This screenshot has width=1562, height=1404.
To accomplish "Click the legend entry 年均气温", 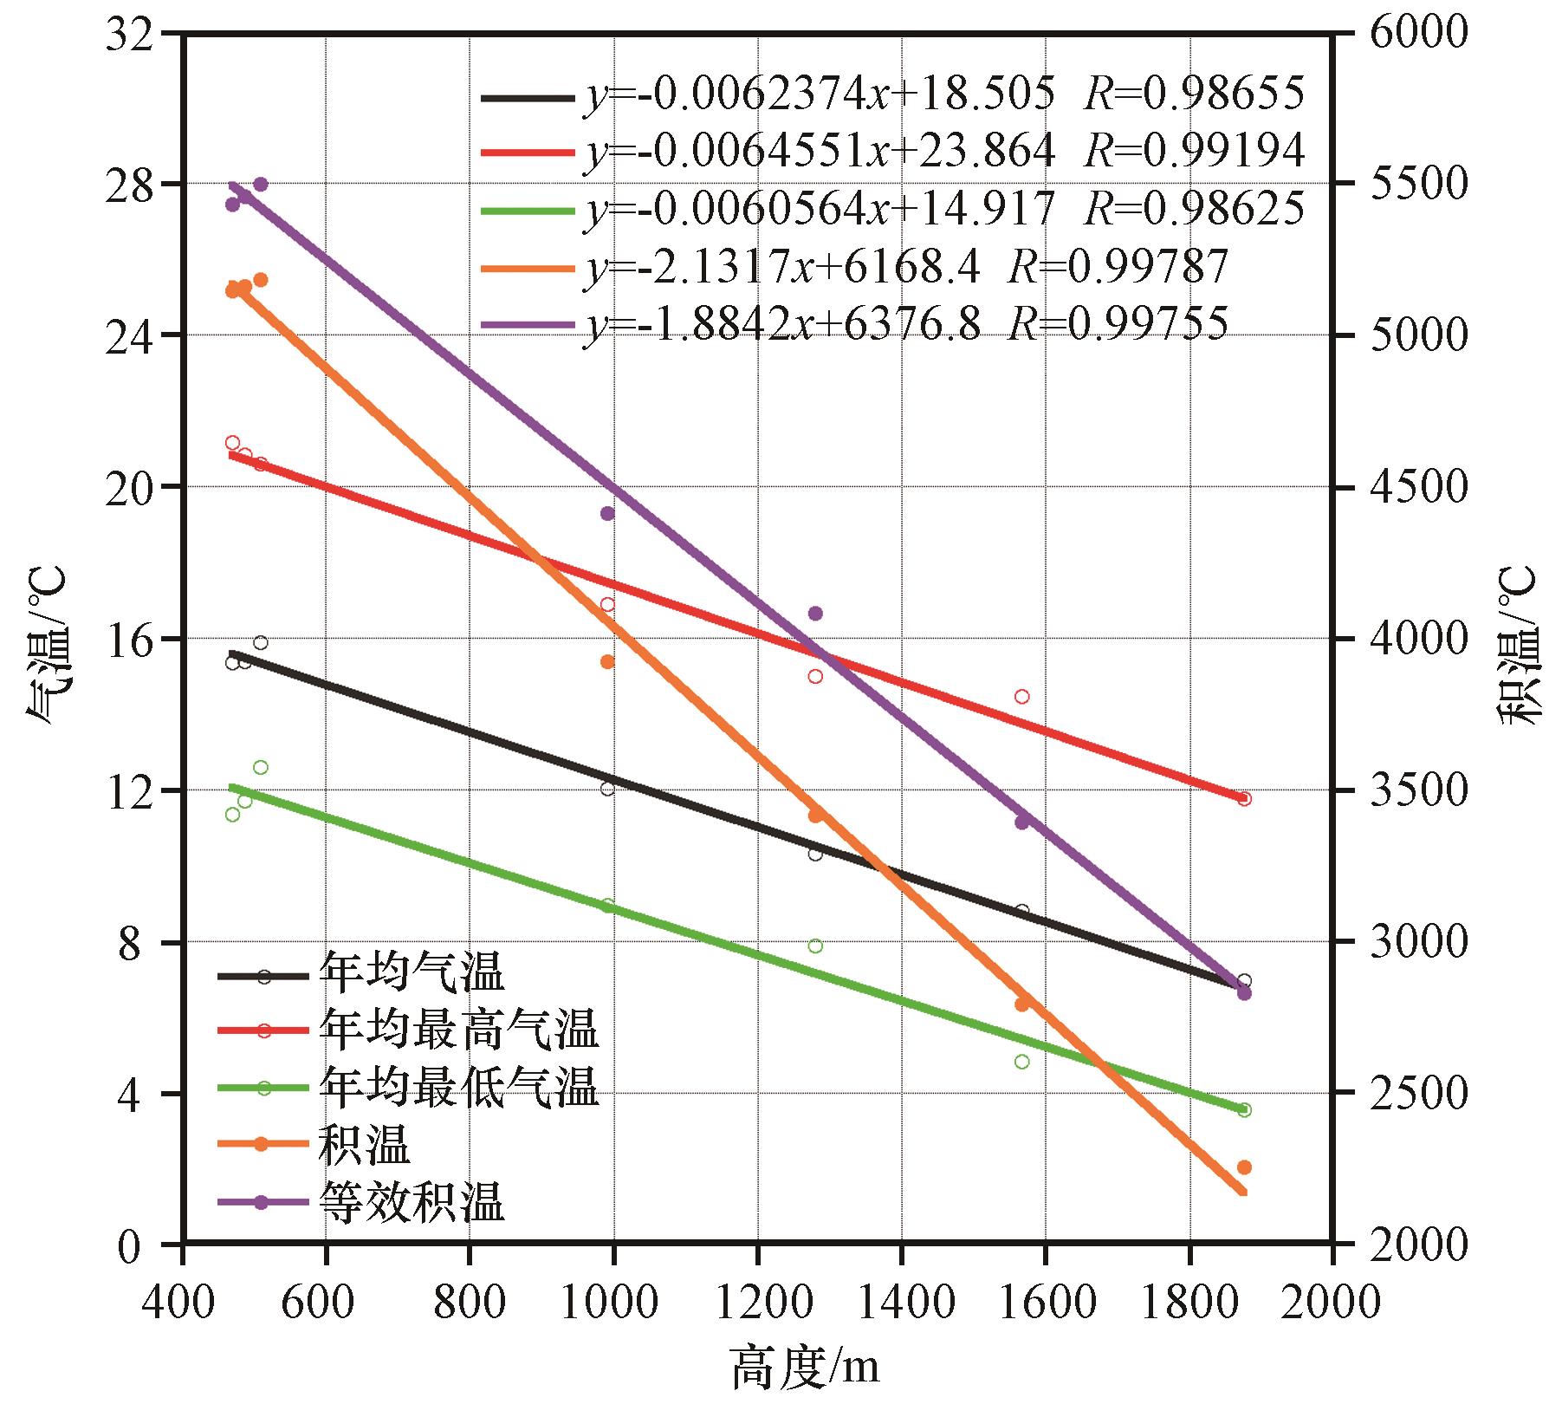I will [412, 972].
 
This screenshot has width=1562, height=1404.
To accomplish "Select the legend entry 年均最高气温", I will [458, 1030].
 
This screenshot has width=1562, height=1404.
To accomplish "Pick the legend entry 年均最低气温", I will [458, 1087].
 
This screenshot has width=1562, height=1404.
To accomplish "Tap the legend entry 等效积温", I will [412, 1203].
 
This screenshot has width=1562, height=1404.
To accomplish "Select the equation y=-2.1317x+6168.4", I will [904, 267].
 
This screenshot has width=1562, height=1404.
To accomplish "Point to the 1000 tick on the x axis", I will [612, 1300].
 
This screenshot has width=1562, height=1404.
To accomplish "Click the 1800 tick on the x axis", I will [1188, 1300].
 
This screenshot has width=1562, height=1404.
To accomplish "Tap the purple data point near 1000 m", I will [607, 513].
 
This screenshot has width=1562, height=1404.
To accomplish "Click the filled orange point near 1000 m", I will [607, 661].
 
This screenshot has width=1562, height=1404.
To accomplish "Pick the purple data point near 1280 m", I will [815, 614].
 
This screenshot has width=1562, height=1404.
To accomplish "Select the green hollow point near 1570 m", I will [1022, 1062].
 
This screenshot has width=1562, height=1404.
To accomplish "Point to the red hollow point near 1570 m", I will [1022, 697].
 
